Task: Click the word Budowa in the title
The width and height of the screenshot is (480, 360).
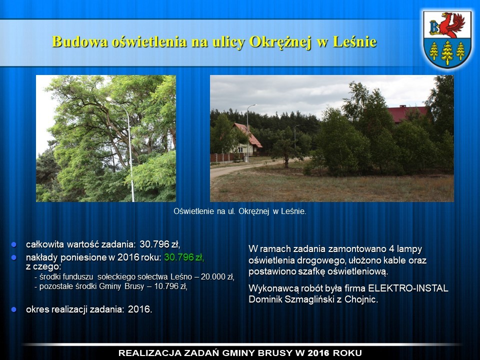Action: click(80, 41)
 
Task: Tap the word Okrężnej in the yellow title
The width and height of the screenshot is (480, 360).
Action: click(280, 42)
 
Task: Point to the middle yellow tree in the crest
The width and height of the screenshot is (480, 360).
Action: click(447, 52)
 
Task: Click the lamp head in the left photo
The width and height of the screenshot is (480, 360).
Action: click(110, 99)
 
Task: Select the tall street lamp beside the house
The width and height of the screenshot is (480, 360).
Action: click(248, 132)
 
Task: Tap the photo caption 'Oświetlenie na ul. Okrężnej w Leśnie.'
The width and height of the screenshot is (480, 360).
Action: click(239, 211)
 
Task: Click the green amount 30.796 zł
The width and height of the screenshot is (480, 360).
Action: click(184, 257)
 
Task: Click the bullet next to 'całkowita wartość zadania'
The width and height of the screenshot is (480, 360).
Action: click(14, 244)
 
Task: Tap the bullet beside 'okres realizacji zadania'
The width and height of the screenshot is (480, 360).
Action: click(14, 309)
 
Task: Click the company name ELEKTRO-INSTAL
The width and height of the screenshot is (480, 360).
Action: click(408, 288)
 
